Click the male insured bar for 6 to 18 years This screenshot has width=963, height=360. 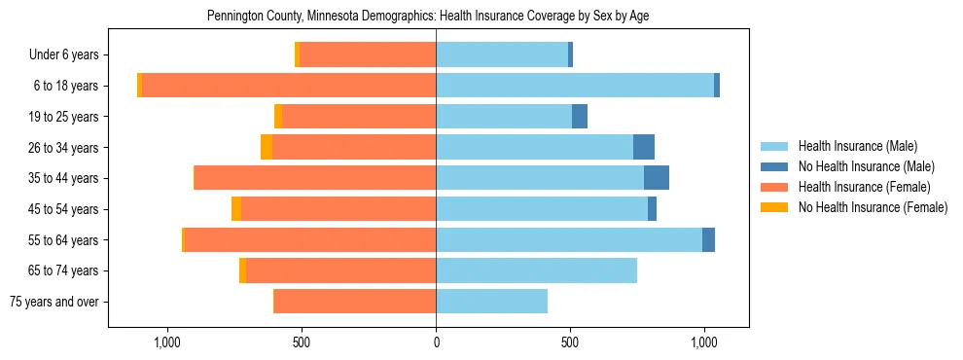(x=574, y=86)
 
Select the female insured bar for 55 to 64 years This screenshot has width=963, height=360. (x=309, y=240)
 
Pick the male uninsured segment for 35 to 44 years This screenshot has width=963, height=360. (x=657, y=178)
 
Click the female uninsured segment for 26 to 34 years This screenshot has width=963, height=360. (x=267, y=147)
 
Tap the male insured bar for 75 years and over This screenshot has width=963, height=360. (x=491, y=302)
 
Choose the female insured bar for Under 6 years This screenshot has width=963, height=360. (x=367, y=55)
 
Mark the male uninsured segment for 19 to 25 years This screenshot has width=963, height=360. (x=580, y=117)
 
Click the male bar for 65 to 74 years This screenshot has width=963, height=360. (x=536, y=270)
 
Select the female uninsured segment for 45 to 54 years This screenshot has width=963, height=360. (x=236, y=209)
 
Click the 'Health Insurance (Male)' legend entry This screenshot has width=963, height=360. (x=857, y=147)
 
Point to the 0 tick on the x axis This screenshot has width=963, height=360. (x=436, y=342)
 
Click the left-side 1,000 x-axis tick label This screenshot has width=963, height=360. (x=167, y=342)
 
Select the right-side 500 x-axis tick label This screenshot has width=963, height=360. (x=570, y=342)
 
